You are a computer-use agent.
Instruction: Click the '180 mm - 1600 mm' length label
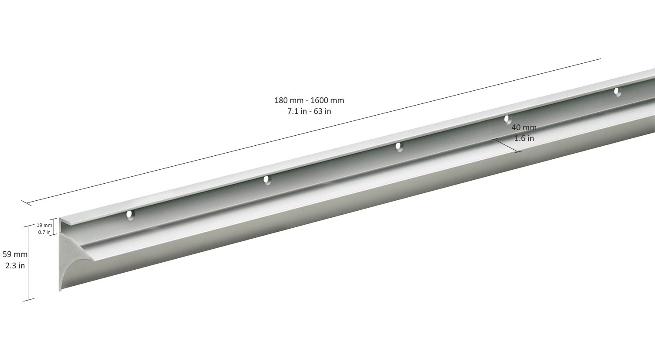(x=309, y=100)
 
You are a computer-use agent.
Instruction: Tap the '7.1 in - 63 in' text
(x=309, y=111)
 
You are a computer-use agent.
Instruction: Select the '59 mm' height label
(x=15, y=254)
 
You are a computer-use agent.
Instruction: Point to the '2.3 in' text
(x=15, y=266)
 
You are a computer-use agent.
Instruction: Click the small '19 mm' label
(x=44, y=225)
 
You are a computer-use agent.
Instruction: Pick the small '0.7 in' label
(x=44, y=232)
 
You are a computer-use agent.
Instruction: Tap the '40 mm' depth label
(x=524, y=127)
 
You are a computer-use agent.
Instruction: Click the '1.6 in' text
(x=524, y=138)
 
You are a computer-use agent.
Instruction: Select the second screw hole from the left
(x=267, y=180)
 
